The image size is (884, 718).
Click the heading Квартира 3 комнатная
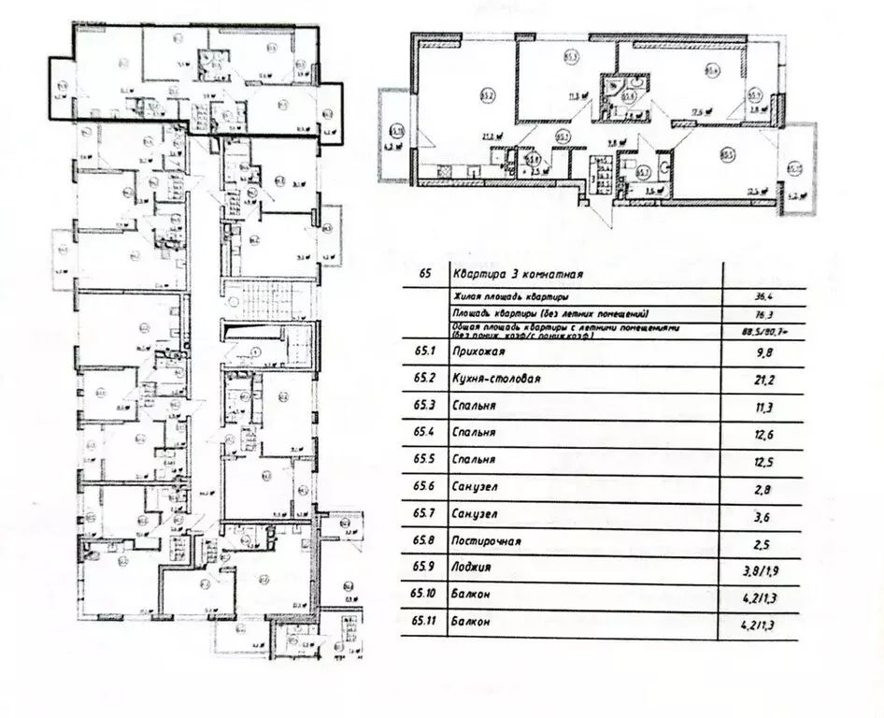pos(518,275)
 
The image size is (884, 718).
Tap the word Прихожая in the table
pos(478,352)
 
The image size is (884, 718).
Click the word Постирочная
pos(486,540)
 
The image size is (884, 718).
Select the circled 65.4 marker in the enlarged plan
pos(713,67)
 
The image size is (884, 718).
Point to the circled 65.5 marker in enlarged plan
pos(726,155)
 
